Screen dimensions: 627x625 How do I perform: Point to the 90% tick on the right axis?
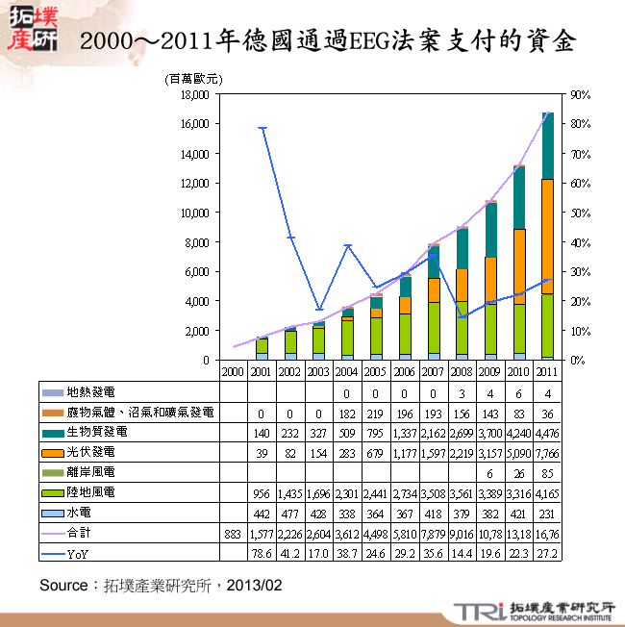580,95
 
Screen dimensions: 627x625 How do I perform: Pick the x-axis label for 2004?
347,370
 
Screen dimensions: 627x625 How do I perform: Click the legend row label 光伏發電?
91,451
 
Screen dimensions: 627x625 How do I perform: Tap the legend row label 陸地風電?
91,491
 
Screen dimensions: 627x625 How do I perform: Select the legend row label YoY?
80,553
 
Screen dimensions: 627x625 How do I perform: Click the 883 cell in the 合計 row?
232,533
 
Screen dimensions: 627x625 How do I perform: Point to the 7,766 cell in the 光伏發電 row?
547,452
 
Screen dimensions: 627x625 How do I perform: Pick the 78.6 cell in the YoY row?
261,553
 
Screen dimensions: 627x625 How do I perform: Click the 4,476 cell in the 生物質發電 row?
547,432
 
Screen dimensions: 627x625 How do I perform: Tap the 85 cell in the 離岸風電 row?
547,472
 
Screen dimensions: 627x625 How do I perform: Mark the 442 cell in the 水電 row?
261,513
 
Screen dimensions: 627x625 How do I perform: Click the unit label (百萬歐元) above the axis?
193,78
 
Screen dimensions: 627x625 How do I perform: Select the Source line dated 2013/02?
161,585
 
